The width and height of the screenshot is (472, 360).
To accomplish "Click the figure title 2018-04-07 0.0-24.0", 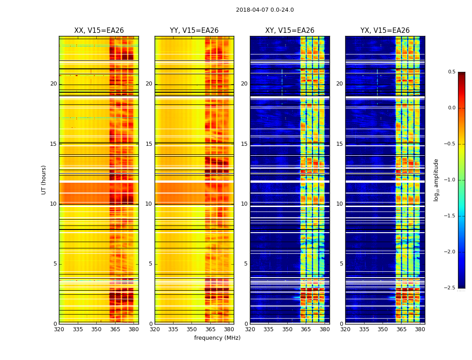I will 265,10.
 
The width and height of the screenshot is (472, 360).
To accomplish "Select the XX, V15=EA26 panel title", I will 99,31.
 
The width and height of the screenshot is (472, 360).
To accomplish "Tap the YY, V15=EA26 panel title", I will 194,31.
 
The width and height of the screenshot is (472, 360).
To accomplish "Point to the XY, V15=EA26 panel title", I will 289,31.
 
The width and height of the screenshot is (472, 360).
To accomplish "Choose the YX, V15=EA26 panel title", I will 385,31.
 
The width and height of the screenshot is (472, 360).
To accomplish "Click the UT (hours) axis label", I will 44,180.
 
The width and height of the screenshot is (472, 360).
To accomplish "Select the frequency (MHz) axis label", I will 217,338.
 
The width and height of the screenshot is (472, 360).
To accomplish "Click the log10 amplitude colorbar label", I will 436,180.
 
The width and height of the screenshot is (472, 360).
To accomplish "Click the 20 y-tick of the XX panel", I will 53,84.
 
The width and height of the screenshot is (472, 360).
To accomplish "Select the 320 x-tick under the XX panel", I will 59,329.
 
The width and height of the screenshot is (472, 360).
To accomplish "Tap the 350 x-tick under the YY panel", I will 192,329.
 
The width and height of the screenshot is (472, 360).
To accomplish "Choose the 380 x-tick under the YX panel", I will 420,329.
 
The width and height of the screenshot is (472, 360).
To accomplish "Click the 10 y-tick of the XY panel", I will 244,204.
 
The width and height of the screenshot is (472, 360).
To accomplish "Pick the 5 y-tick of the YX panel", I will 341,264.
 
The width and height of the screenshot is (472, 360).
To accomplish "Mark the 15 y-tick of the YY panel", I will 149,144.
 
